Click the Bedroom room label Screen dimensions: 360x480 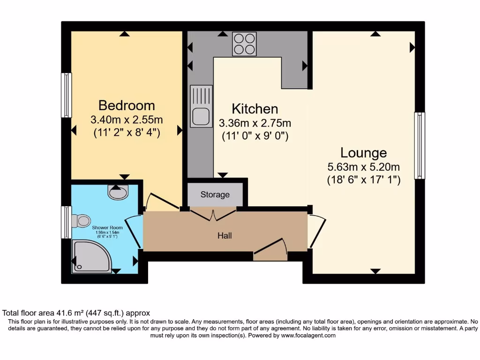tap(126, 105)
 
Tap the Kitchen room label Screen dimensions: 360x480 tap(255, 109)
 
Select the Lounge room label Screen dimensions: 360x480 tap(363, 153)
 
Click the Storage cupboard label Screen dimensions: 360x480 tap(215, 195)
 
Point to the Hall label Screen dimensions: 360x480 tap(225, 236)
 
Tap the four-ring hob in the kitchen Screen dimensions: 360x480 tap(244, 44)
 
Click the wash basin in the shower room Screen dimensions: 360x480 tap(118, 191)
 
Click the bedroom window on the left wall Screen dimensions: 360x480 tap(67, 95)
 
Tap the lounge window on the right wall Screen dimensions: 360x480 tap(419, 145)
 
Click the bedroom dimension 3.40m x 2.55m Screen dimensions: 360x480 tap(126, 120)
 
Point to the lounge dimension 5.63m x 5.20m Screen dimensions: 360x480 tap(363, 167)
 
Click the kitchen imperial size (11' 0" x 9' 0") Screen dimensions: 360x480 tap(255, 136)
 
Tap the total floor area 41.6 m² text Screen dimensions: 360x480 tap(76, 313)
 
